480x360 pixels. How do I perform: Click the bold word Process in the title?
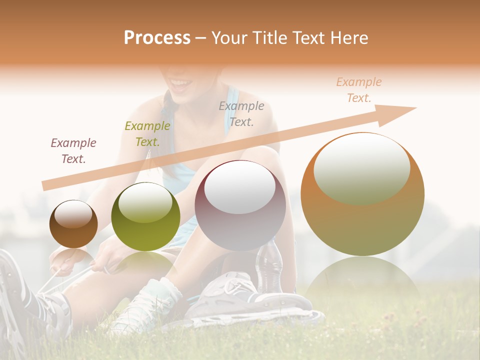point(157,37)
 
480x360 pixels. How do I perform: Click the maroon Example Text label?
point(73,151)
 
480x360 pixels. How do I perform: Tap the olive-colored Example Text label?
point(147,134)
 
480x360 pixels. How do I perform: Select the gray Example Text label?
point(241,113)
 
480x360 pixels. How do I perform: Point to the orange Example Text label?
point(359,90)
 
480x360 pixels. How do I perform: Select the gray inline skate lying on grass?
point(250,300)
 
